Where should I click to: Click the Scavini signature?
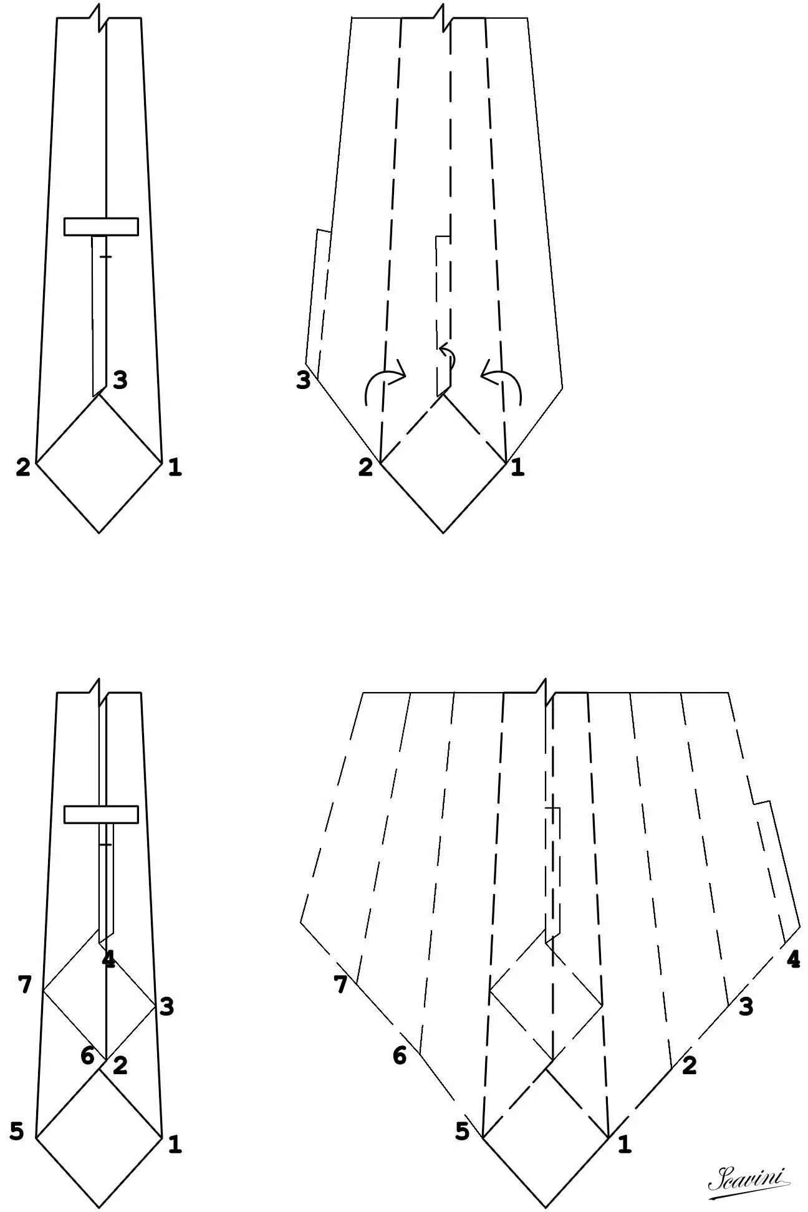tap(749, 1178)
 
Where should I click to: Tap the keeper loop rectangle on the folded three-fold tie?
tap(101, 227)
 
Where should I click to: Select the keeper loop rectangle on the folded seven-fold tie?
tap(101, 814)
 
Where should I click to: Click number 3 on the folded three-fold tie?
tap(120, 379)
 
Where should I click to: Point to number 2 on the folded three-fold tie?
tap(23, 467)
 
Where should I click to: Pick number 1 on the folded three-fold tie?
tap(175, 467)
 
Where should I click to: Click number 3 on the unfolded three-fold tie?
tap(303, 380)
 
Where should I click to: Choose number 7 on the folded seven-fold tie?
tap(25, 986)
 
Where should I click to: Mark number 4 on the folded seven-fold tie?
tap(109, 960)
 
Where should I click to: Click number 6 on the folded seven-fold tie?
tap(87, 1056)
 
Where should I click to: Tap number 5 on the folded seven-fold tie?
tap(17, 1131)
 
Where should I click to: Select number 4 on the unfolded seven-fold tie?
tap(793, 959)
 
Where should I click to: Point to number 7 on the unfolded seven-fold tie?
tap(340, 984)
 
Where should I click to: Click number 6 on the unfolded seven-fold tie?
tap(399, 1056)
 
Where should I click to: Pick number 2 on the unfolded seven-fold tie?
tap(688, 1065)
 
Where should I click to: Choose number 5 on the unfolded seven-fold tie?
tap(461, 1131)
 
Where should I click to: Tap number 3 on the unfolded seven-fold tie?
tap(746, 1006)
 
